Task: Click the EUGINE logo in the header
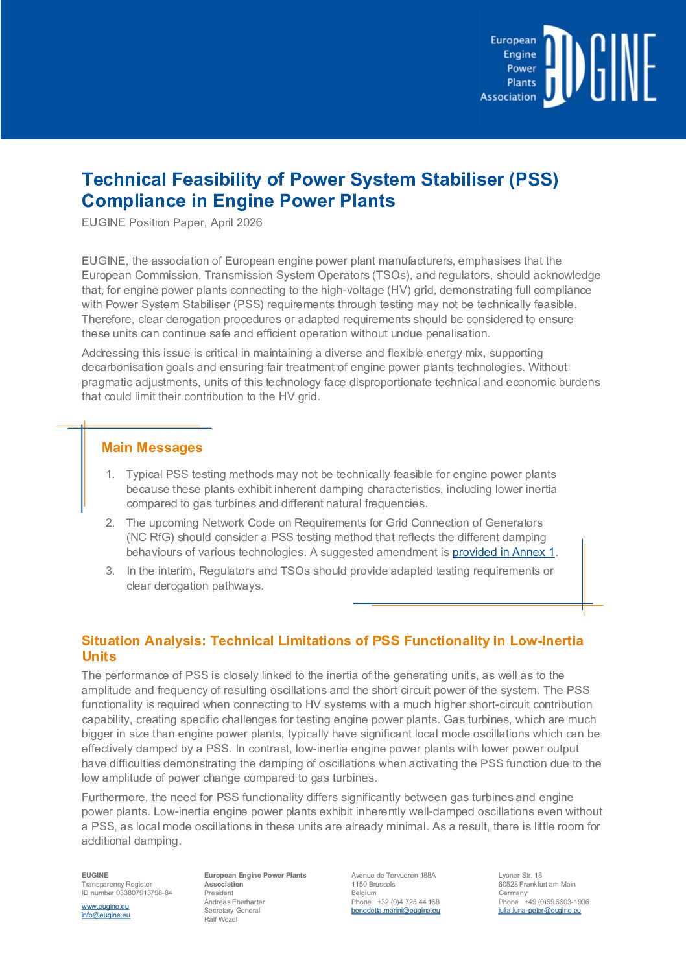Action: pos(599,66)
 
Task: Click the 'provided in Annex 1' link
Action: pos(504,552)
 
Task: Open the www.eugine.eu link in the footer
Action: pos(105,906)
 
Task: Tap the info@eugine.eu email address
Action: pos(106,915)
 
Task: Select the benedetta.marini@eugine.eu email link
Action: pos(396,911)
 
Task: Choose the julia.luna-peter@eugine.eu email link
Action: pos(539,911)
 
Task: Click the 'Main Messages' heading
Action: pos(152,448)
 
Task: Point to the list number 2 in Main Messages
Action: pos(110,523)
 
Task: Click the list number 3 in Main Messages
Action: pos(110,571)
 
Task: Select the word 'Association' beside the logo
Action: pos(508,97)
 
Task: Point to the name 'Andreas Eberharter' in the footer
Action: pos(234,902)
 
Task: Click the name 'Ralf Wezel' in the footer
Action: pos(220,919)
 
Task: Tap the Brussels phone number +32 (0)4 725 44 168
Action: pos(408,902)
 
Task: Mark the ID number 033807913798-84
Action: pos(144,893)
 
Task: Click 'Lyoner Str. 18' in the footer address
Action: pos(520,875)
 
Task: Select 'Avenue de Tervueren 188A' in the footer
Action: pos(394,875)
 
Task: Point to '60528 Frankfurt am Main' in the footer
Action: pos(537,884)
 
